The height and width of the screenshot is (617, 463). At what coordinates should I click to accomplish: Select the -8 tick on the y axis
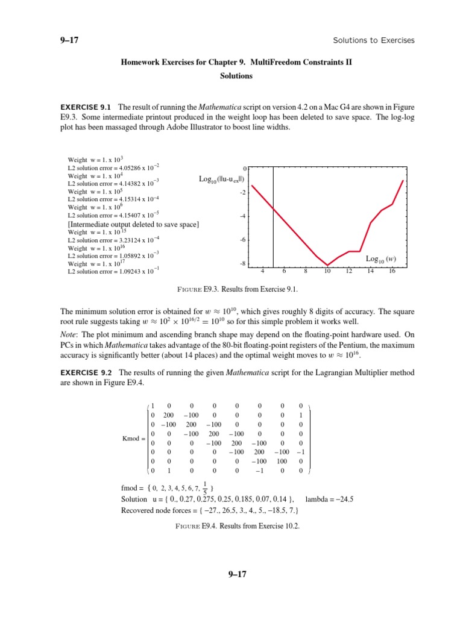[x=242, y=264]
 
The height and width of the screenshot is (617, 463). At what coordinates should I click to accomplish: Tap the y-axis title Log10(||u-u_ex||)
[x=221, y=179]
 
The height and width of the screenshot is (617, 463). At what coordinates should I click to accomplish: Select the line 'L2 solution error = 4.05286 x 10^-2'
[x=113, y=166]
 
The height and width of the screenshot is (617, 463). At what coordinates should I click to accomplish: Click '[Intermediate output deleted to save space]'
[x=133, y=224]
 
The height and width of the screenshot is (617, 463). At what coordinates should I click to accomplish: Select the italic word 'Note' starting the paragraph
[x=69, y=334]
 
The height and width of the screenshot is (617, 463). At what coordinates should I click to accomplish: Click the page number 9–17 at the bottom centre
[x=231, y=574]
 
